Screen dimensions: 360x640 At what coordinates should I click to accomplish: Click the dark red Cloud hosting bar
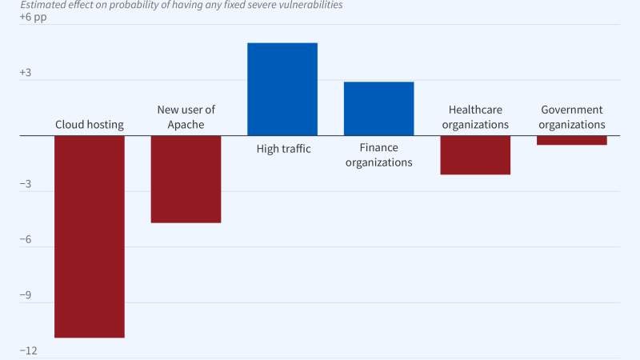pyautogui.click(x=89, y=236)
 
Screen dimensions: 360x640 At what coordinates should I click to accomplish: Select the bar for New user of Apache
pyautogui.click(x=186, y=179)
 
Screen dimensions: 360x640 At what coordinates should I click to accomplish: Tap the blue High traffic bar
pyautogui.click(x=282, y=89)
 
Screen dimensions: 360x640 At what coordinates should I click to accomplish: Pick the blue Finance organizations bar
pyautogui.click(x=378, y=109)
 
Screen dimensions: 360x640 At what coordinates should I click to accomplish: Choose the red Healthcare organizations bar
pyautogui.click(x=475, y=155)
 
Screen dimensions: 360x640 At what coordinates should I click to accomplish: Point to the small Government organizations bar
pyautogui.click(x=571, y=141)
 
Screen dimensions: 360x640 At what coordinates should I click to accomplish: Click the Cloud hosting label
pyautogui.click(x=89, y=125)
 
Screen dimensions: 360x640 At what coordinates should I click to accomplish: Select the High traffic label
pyautogui.click(x=283, y=148)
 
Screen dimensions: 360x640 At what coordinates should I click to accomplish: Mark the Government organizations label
pyautogui.click(x=571, y=117)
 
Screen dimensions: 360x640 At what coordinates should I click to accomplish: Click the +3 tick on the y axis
pyautogui.click(x=26, y=73)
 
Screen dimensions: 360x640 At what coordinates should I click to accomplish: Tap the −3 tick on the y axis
pyautogui.click(x=26, y=184)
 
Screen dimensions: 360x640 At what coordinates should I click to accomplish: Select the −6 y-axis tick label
pyautogui.click(x=26, y=240)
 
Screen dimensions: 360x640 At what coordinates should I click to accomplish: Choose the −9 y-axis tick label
pyautogui.click(x=26, y=295)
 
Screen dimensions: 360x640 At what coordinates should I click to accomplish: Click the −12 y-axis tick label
pyautogui.click(x=29, y=351)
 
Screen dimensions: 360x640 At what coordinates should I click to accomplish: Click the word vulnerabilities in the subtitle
pyautogui.click(x=308, y=5)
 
